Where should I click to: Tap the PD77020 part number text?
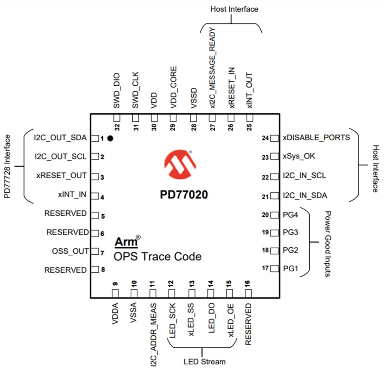[184, 195]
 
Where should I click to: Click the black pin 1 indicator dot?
[111, 138]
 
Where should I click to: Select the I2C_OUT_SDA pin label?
[60, 138]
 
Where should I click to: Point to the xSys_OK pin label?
[299, 156]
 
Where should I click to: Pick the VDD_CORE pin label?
[173, 88]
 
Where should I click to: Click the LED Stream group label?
[205, 362]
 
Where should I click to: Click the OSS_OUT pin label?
[70, 251]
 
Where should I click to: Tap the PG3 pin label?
[290, 232]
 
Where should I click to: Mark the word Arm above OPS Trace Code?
[126, 242]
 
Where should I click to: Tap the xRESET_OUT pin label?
[61, 175]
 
